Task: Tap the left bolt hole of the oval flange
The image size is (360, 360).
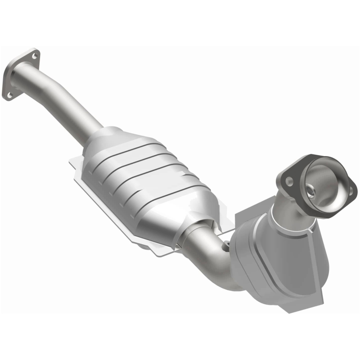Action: click(289, 181)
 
